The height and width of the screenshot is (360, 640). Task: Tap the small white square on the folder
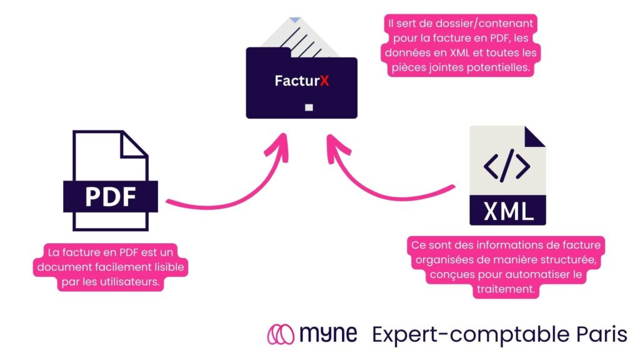click(x=308, y=107)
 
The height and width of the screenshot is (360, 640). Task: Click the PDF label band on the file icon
click(x=111, y=196)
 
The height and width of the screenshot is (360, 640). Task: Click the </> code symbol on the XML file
click(x=507, y=167)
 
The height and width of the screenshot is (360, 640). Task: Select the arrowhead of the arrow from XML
click(x=335, y=145)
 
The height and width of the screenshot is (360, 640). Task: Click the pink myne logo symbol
click(x=281, y=334)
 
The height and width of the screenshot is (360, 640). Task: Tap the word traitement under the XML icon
click(x=506, y=289)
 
